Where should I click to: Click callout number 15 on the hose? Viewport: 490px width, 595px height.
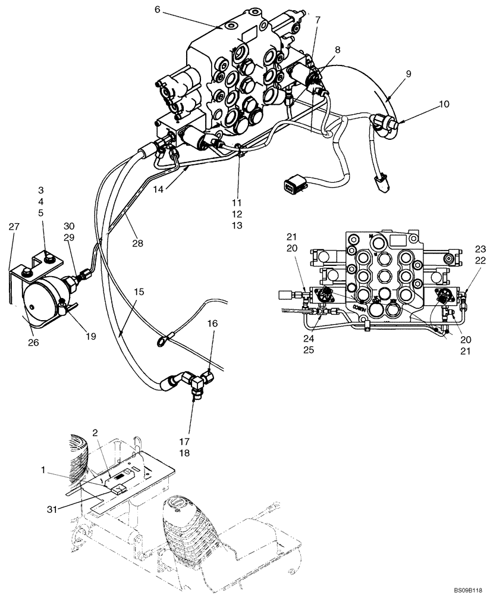coord(138,293)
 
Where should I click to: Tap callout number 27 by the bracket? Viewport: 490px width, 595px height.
coord(14,227)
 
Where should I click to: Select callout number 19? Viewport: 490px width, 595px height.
coord(90,336)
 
